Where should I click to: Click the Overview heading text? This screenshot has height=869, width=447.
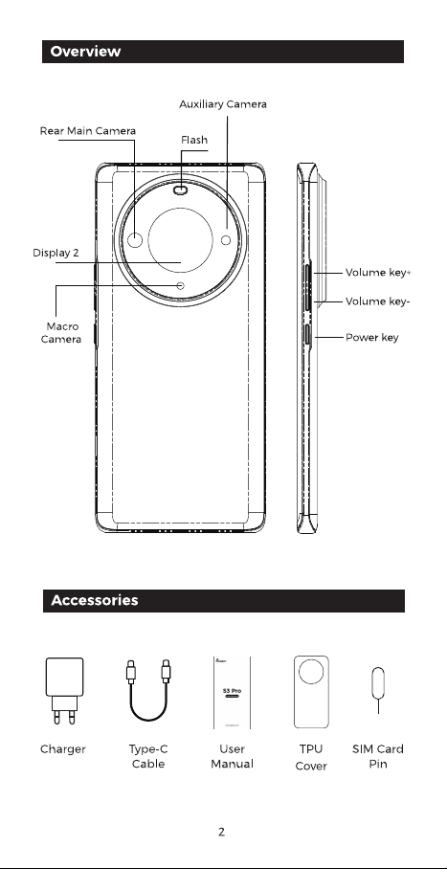(x=85, y=52)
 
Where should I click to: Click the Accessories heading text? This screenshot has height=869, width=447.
(x=94, y=600)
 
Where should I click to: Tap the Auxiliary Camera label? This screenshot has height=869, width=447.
(x=223, y=104)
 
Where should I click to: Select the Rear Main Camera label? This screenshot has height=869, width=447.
(x=88, y=131)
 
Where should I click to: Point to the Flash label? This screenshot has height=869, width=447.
(x=194, y=141)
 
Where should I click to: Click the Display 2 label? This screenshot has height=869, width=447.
(x=56, y=254)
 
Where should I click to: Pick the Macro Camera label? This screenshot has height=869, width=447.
(x=61, y=332)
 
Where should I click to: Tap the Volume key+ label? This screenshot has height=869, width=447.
(x=378, y=273)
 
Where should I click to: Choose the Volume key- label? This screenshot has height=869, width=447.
(x=378, y=301)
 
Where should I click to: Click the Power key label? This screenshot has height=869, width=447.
(x=372, y=338)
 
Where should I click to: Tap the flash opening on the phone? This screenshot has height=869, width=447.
(x=181, y=190)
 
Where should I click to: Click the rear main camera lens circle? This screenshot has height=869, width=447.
(x=135, y=240)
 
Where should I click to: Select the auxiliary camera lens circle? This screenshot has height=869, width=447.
(x=226, y=240)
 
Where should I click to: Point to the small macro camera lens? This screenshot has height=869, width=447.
(x=181, y=285)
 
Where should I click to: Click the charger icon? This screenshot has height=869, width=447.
(x=64, y=691)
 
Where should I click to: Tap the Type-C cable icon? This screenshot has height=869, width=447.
(x=148, y=690)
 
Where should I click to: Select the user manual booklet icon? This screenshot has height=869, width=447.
(x=232, y=693)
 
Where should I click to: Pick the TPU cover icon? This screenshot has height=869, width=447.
(x=311, y=692)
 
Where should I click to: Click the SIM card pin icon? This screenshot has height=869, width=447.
(x=378, y=690)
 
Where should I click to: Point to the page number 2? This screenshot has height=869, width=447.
(x=221, y=832)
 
